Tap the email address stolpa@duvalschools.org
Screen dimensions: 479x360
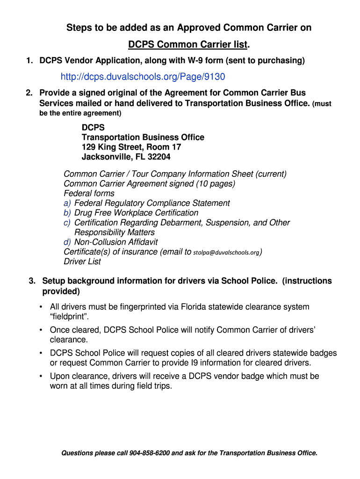point(227,253)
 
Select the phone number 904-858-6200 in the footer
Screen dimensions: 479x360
point(150,453)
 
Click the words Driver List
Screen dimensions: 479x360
point(82,261)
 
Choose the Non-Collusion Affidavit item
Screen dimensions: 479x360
point(116,242)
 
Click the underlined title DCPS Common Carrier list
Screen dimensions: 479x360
point(188,45)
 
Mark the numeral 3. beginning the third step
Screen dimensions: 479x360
point(32,281)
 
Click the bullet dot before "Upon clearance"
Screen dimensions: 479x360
point(41,377)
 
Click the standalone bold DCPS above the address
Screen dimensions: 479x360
point(93,128)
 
